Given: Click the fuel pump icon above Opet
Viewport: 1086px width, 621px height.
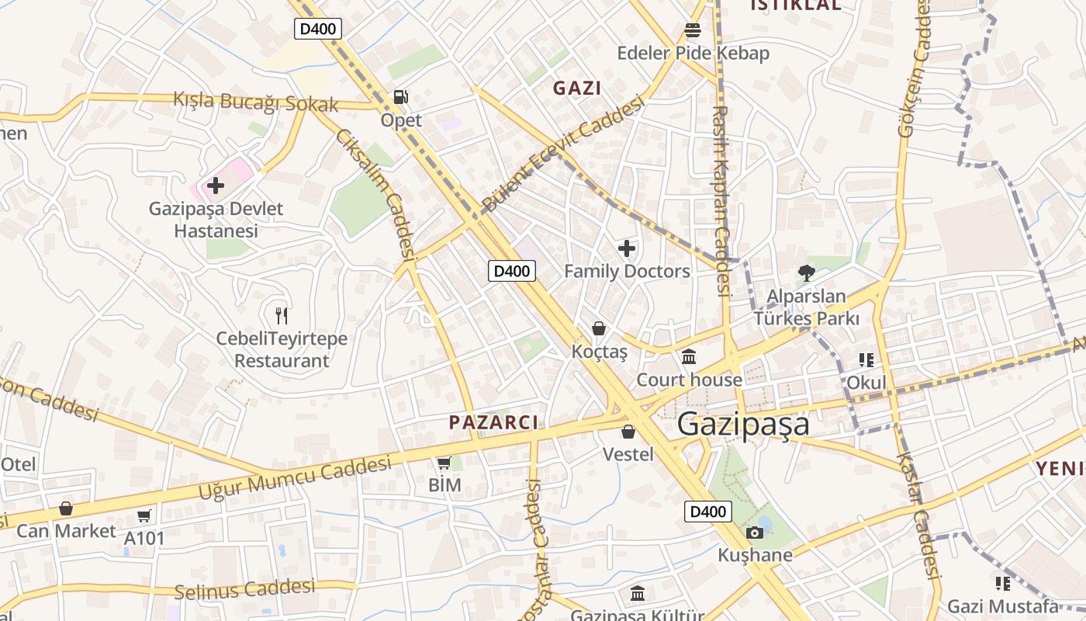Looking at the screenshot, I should [x=400, y=97].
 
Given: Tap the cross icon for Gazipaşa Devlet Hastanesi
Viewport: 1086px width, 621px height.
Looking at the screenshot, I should [x=216, y=186].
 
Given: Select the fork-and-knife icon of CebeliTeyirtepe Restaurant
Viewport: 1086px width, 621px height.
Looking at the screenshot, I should [x=282, y=315].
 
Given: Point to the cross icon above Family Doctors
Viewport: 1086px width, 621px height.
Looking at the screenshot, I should [x=627, y=248].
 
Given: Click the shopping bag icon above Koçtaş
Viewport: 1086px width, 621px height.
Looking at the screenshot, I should [x=599, y=328].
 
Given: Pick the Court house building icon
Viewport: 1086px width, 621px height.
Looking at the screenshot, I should [x=689, y=356].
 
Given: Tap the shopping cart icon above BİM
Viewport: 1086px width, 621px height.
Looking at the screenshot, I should [x=444, y=463].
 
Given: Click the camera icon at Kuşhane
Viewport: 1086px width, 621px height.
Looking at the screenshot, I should [x=754, y=533].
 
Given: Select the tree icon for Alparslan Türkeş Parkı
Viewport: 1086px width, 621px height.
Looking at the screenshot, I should [x=807, y=273].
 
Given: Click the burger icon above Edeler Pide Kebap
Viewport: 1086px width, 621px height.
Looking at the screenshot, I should [x=693, y=29].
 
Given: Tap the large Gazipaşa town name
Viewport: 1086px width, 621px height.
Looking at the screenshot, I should [x=743, y=425].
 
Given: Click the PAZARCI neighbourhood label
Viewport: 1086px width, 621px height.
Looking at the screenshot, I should [x=493, y=422].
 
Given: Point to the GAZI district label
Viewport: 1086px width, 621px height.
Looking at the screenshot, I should [x=577, y=88].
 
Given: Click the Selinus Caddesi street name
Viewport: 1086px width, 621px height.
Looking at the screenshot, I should [x=245, y=589].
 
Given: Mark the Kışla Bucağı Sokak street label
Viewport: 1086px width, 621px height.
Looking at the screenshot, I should [x=256, y=102].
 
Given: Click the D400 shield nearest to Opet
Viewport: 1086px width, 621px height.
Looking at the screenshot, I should [x=318, y=29].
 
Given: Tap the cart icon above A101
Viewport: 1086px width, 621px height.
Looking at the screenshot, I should [x=144, y=515].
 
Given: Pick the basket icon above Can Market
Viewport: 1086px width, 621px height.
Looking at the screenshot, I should [x=66, y=508].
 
